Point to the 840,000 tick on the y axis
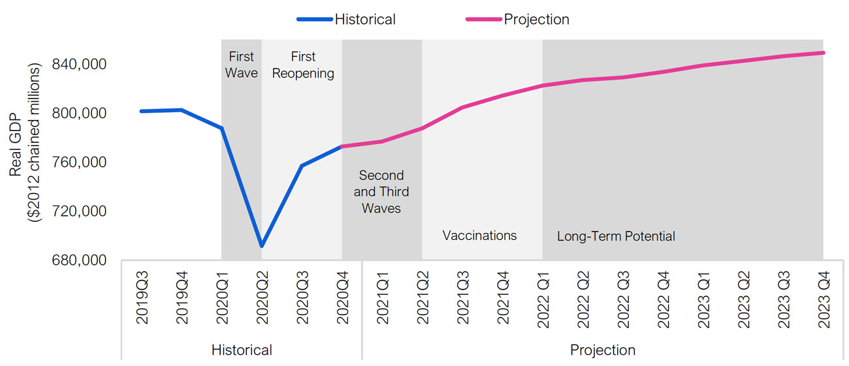[x=79, y=65]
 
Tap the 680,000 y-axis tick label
[x=79, y=260]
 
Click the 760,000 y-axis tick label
[x=79, y=162]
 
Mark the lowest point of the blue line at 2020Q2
[x=261, y=246]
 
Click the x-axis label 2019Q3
[x=142, y=298]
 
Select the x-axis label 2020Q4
[x=343, y=298]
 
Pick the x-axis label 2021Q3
[x=463, y=298]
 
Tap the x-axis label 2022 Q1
[x=543, y=299]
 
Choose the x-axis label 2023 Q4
[x=824, y=299]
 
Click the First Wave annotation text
[x=242, y=65]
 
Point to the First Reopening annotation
[x=303, y=65]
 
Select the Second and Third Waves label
[x=381, y=192]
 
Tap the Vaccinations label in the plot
[x=479, y=236]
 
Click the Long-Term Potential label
[x=616, y=236]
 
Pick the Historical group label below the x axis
[x=242, y=350]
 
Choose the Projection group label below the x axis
[x=603, y=350]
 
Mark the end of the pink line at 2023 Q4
[x=824, y=53]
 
